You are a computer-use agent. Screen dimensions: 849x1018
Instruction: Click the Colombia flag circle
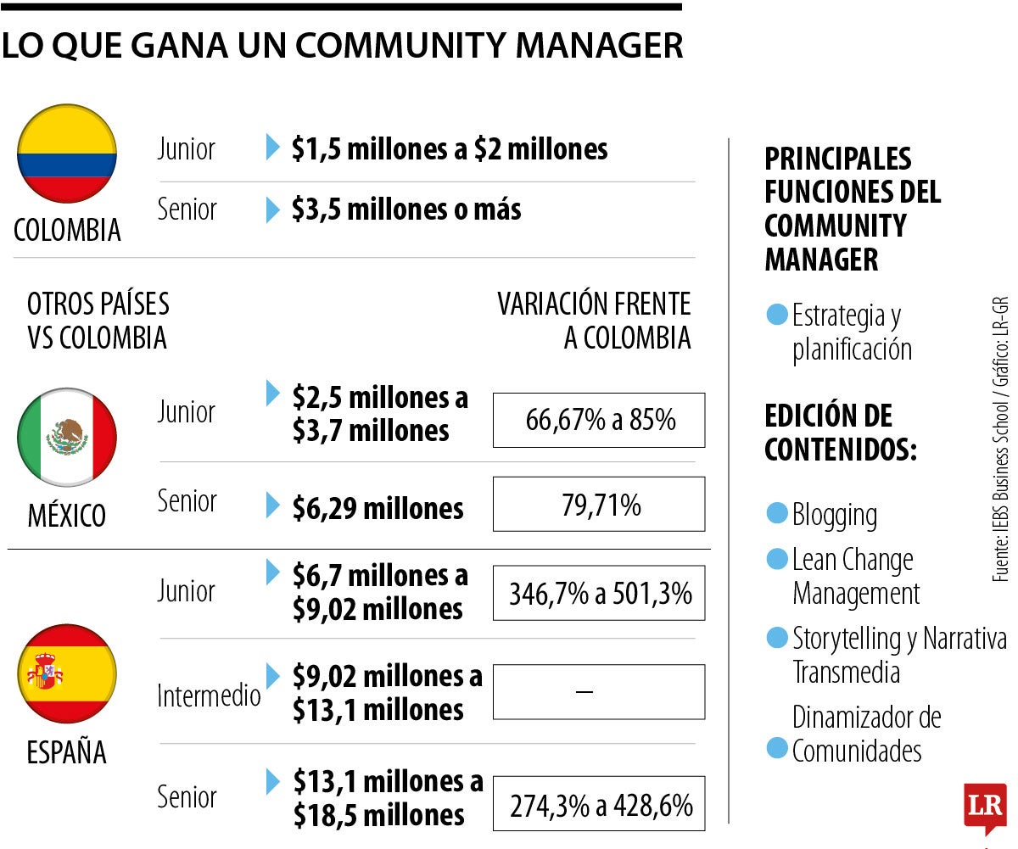(x=67, y=154)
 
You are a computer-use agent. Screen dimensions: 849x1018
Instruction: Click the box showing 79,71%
(x=599, y=505)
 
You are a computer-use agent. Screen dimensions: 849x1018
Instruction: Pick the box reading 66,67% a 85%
(x=599, y=420)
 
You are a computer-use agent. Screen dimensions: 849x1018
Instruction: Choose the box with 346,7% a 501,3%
(x=599, y=593)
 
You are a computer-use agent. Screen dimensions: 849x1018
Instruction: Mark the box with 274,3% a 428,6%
(x=599, y=803)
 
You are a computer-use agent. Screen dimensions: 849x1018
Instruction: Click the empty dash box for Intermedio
(x=599, y=692)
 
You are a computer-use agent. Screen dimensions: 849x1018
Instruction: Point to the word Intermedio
(x=209, y=696)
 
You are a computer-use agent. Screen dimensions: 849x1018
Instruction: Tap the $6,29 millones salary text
(x=378, y=508)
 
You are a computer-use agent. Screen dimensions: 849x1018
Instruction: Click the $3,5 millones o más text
(x=406, y=209)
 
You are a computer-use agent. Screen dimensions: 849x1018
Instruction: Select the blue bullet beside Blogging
(x=776, y=513)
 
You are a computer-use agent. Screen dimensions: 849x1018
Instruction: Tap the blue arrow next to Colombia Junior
(x=272, y=148)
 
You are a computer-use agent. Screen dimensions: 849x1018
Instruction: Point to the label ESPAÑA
(x=67, y=752)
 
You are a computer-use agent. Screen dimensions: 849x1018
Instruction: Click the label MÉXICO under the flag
(x=67, y=515)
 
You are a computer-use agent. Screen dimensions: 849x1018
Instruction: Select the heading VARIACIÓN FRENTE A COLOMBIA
(x=594, y=321)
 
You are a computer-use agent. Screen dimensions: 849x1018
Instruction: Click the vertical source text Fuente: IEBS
(x=1001, y=438)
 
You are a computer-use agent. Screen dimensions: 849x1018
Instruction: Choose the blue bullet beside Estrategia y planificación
(x=776, y=316)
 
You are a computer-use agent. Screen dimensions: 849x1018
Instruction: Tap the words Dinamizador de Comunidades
(x=866, y=734)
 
